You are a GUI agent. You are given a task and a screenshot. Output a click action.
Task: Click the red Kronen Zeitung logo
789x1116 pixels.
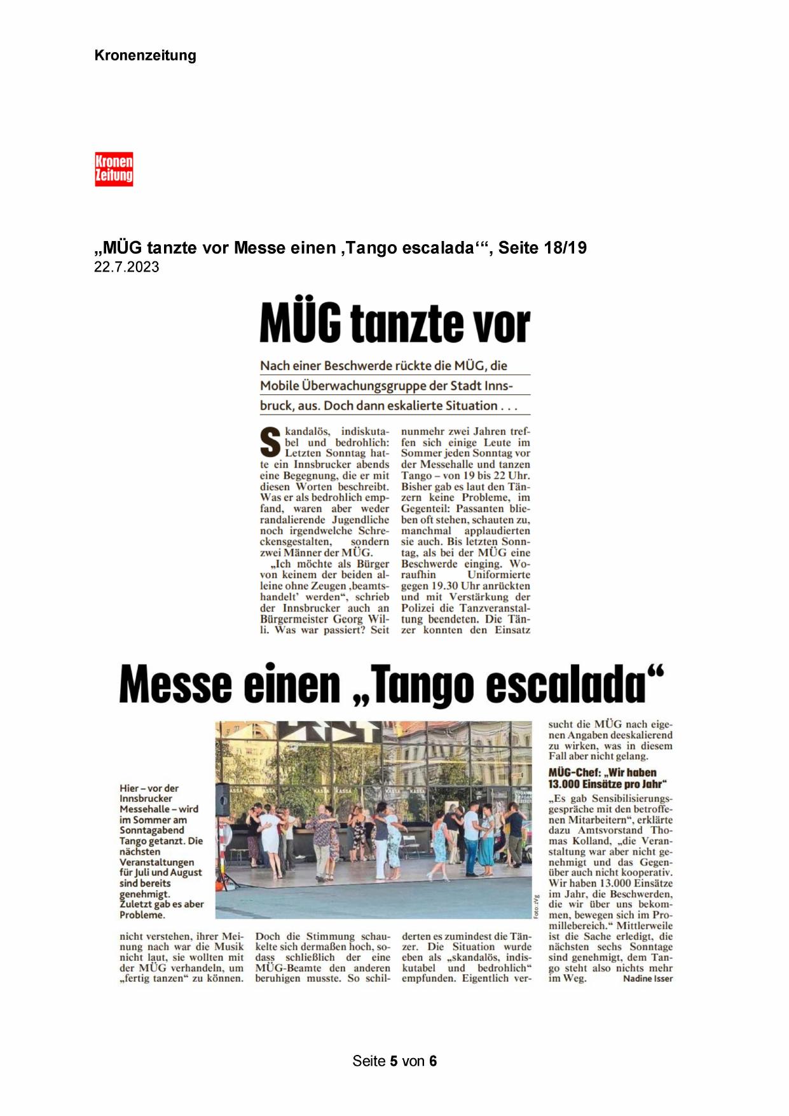(114, 169)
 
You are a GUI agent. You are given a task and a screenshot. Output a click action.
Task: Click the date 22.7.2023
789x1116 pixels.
(127, 267)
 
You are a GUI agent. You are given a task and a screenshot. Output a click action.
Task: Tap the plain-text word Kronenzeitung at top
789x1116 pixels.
(145, 55)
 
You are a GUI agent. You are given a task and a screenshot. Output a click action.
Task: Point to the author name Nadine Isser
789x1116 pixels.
(647, 978)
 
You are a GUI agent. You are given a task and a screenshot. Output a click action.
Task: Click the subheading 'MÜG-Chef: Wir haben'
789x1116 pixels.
(602, 773)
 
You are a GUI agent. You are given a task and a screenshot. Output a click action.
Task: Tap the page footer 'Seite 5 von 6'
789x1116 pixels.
(394, 1061)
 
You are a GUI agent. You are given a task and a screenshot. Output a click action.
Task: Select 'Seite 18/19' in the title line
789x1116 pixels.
(542, 247)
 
